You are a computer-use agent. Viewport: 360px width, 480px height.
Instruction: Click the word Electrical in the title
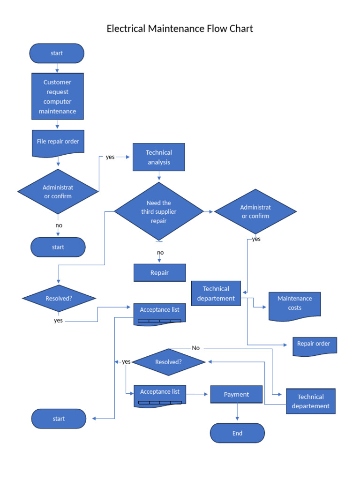tap(126, 29)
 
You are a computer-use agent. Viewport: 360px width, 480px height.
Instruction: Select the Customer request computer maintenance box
tap(57, 97)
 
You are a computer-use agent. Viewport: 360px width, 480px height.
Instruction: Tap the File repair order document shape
tap(58, 142)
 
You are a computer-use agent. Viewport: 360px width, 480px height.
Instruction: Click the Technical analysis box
tap(159, 157)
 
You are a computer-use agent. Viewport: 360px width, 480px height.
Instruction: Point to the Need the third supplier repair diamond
tap(159, 212)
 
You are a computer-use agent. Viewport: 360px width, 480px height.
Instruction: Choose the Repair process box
tap(159, 273)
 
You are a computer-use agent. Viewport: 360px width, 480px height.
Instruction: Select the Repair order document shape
tap(314, 345)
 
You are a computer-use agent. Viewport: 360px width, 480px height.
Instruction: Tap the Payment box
tap(236, 394)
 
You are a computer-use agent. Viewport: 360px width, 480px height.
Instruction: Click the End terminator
tap(237, 433)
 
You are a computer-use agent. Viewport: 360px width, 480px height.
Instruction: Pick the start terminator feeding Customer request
tap(57, 53)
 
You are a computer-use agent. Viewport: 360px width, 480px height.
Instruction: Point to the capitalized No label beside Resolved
tap(195, 348)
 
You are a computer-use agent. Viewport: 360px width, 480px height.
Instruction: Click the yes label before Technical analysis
tap(110, 157)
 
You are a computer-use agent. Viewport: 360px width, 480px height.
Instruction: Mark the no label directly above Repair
tap(160, 253)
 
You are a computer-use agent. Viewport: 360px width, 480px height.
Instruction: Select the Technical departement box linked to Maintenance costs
tap(216, 293)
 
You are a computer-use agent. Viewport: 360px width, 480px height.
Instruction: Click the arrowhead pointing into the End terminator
tap(238, 420)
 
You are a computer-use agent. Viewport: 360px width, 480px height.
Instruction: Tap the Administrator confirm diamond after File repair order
tap(58, 191)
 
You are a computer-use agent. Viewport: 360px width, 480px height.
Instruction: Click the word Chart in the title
tap(241, 29)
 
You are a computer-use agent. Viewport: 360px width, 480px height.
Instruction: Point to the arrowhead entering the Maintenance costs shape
tap(266, 307)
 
